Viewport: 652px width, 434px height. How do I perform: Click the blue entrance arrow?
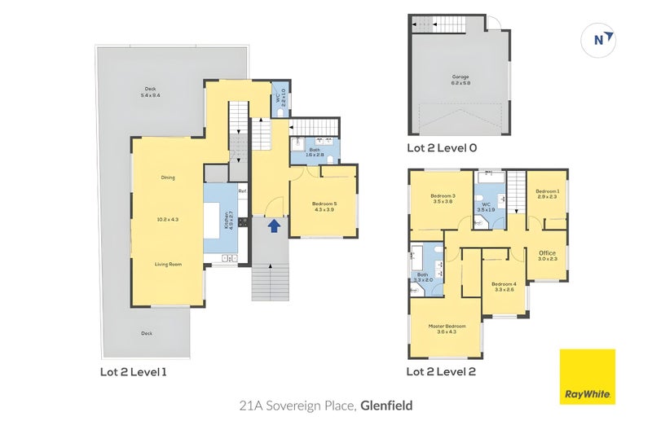click(x=275, y=226)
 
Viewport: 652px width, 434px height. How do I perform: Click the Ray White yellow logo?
click(x=587, y=377)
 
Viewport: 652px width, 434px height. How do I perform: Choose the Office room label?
click(x=547, y=255)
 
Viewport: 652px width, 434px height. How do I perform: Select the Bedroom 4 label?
click(x=503, y=286)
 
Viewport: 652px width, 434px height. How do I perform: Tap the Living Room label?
click(x=167, y=264)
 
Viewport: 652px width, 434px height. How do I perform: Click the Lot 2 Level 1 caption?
click(x=133, y=372)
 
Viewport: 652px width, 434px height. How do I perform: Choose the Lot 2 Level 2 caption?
click(x=441, y=372)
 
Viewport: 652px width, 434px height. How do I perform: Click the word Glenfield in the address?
click(x=388, y=404)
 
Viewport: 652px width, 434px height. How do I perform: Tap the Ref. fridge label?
click(x=242, y=191)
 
